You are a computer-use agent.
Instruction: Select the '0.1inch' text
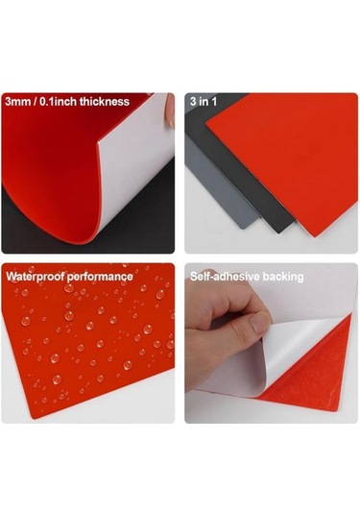tap(58, 101)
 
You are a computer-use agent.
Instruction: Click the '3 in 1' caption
tap(204, 101)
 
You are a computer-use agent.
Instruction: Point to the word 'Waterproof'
tap(36, 277)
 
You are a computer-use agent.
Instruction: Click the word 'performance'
tap(100, 277)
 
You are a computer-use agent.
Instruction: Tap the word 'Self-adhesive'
tap(225, 277)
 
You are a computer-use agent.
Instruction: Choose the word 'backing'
tap(283, 277)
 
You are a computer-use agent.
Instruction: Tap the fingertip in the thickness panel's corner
tap(170, 110)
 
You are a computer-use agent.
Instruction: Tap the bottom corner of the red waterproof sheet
tap(33, 418)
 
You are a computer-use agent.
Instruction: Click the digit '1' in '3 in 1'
tap(214, 101)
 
